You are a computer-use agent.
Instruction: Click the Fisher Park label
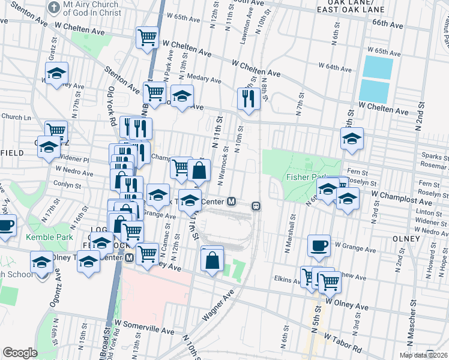click(x=306, y=177)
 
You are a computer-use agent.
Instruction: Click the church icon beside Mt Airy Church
click(x=53, y=8)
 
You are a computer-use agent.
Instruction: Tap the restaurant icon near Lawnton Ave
click(x=249, y=98)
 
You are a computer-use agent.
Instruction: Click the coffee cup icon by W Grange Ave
click(x=319, y=245)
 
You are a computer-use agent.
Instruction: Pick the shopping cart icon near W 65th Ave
click(x=146, y=38)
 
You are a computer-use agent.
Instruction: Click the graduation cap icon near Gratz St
click(x=56, y=74)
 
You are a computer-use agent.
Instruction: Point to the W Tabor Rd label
click(x=345, y=343)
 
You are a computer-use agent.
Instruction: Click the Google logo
click(x=20, y=353)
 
